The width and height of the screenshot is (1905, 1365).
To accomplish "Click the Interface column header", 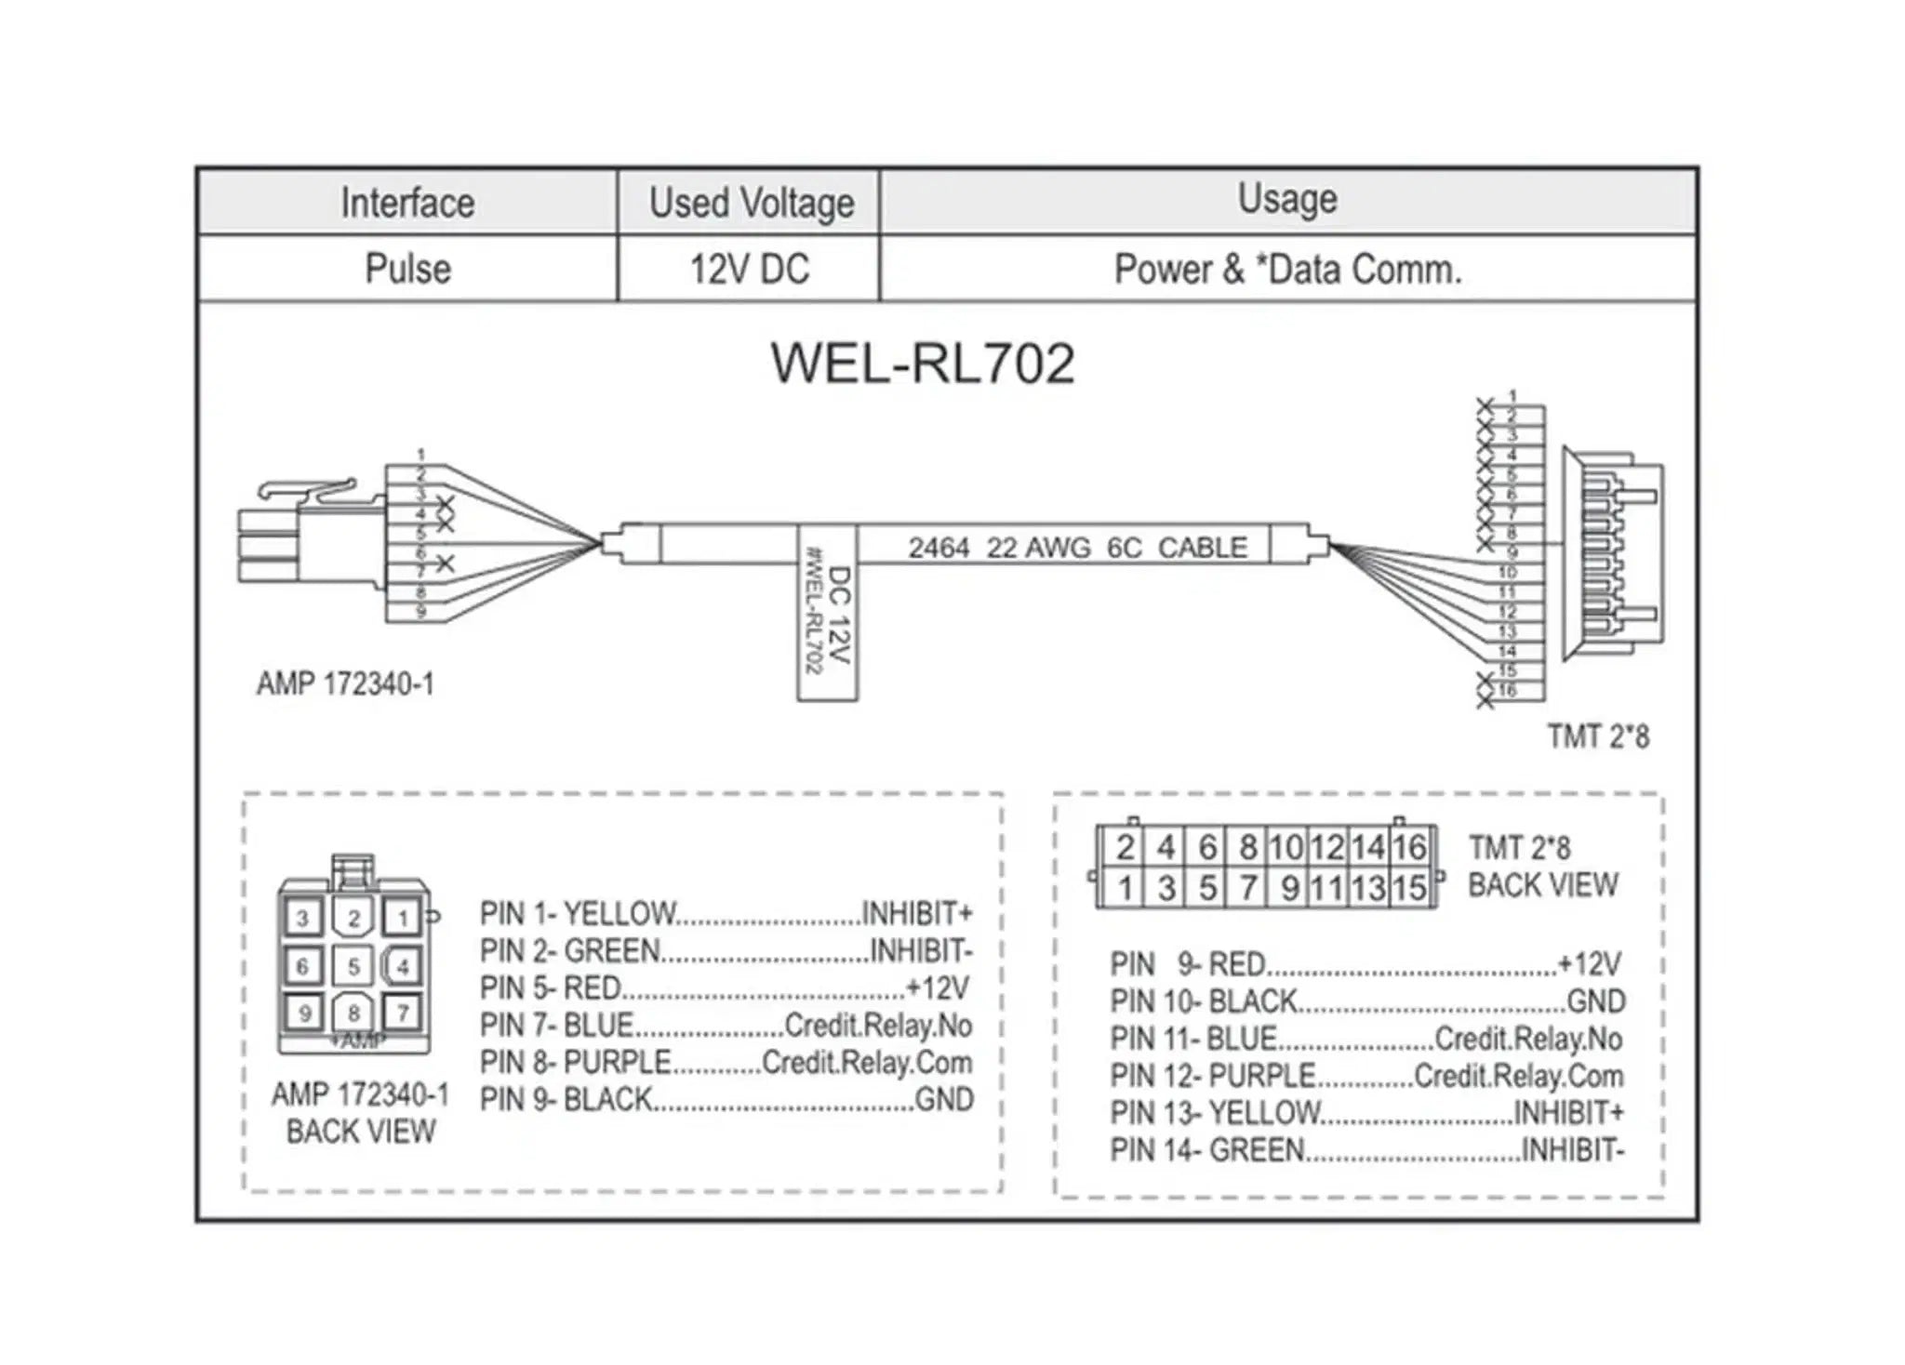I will click(x=407, y=202).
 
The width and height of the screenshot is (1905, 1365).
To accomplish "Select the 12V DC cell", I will click(x=749, y=269).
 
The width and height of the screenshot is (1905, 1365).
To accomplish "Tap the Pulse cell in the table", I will click(x=407, y=269).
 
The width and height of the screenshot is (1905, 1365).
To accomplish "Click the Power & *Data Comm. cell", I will click(x=1287, y=269).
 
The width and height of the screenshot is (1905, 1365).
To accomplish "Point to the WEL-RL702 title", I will click(x=923, y=364).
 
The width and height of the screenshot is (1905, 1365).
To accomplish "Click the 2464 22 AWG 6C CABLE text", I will click(x=1077, y=548).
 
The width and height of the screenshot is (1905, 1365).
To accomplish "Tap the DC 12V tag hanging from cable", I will click(x=827, y=614).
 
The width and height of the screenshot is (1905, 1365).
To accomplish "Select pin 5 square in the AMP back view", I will click(x=353, y=966).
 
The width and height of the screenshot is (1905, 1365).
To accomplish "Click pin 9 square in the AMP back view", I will click(x=304, y=1012).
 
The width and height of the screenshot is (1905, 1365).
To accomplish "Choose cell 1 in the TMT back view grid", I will click(x=1125, y=888).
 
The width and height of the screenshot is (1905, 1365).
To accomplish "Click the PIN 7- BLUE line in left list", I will click(x=726, y=1026).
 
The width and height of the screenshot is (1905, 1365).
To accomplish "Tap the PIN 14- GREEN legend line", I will click(x=1366, y=1150).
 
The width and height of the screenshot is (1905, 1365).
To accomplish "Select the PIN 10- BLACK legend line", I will click(x=1366, y=1001).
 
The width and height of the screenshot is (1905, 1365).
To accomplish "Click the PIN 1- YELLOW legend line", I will click(x=726, y=914).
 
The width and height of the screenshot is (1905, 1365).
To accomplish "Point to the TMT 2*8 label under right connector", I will click(x=1598, y=736).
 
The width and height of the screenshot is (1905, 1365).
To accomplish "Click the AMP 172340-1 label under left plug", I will click(x=345, y=684).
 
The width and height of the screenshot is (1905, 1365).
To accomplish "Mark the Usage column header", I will click(x=1287, y=199).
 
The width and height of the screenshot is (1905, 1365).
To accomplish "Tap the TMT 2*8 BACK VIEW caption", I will click(x=1542, y=866).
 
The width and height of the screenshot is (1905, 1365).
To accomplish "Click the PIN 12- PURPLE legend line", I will click(x=1366, y=1076).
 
